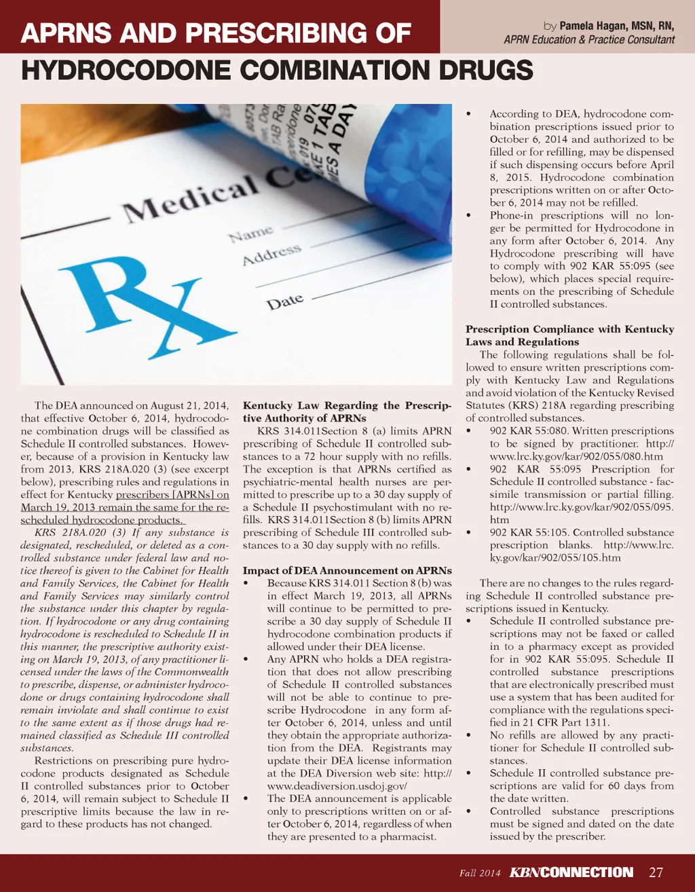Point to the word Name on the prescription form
251,234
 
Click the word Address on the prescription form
271,255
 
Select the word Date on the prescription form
284,301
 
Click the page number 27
656,872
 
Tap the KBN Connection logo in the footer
571,872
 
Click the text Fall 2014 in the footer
479,873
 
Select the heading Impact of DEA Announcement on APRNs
347,570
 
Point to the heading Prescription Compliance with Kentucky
569,329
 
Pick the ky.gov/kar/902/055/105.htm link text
555,557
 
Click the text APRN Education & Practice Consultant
589,39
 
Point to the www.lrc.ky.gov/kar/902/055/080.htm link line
576,456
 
